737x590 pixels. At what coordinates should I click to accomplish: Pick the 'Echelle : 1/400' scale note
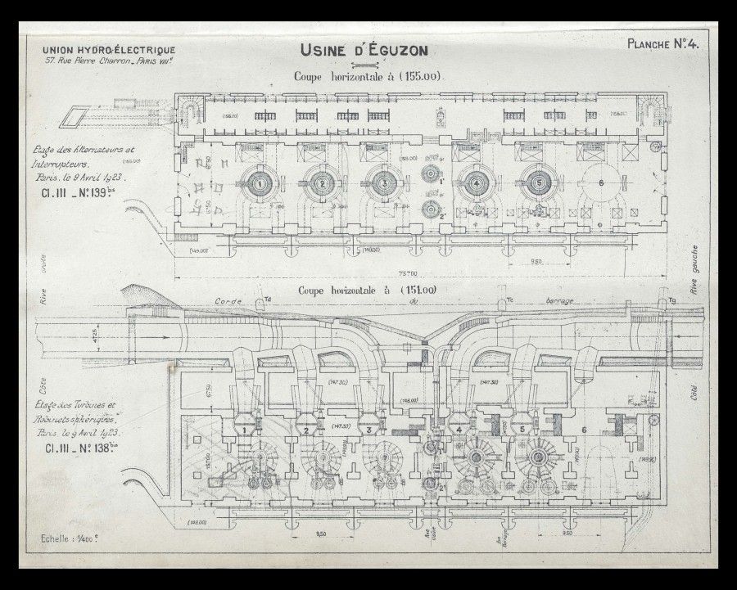[x=73, y=539]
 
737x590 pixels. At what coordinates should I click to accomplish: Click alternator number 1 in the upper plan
[x=260, y=184]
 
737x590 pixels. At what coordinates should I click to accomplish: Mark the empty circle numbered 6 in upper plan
[x=603, y=184]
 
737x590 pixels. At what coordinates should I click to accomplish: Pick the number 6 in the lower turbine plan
[x=584, y=429]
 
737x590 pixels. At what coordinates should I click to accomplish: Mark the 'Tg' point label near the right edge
[x=672, y=301]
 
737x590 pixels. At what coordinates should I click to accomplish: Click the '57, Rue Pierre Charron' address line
[x=112, y=62]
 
